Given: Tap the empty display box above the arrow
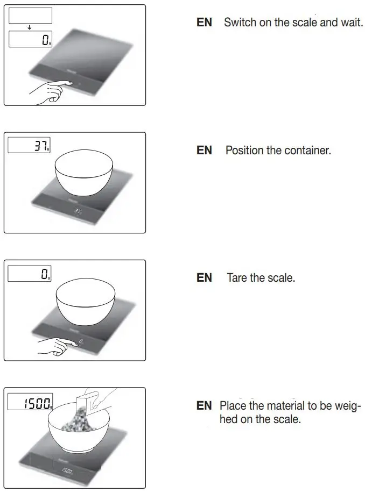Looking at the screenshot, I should pos(30,16).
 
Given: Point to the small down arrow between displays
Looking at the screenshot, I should pos(30,27).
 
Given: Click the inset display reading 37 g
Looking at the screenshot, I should pos(30,145).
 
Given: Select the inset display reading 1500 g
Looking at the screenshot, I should pos(30,403).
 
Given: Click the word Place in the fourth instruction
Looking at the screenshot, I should pos(233,405).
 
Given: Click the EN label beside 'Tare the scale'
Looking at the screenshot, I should pos(205,278).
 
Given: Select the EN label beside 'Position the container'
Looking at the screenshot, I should pos(205,150).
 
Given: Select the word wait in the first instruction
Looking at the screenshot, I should pos(351,23).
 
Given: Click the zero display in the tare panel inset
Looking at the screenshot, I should pos(30,273).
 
